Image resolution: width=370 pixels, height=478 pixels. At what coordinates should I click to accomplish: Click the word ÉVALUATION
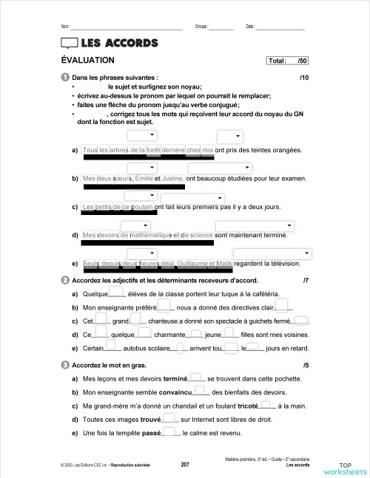pos(87,61)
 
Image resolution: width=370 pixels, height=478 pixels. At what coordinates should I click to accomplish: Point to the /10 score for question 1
pos(303,78)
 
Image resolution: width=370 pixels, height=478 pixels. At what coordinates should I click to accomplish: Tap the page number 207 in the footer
pos(185,465)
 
